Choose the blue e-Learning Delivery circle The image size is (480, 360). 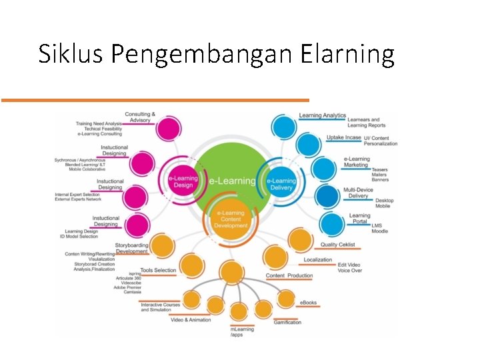(x=281, y=183)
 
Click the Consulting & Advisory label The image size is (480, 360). (x=140, y=117)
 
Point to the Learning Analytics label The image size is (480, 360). (x=322, y=115)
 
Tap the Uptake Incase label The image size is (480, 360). (x=343, y=137)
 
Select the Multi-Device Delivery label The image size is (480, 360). (x=358, y=193)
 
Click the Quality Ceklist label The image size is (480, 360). (x=337, y=245)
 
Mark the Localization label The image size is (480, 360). (x=318, y=260)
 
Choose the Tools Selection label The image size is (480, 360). (x=158, y=270)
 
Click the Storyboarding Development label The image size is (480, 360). (x=131, y=248)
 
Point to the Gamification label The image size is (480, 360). (x=287, y=323)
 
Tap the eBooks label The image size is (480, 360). (x=308, y=303)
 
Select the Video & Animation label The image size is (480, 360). (x=191, y=320)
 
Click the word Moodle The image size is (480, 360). (x=379, y=231)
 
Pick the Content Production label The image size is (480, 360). (x=289, y=276)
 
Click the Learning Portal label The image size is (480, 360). (x=359, y=218)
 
